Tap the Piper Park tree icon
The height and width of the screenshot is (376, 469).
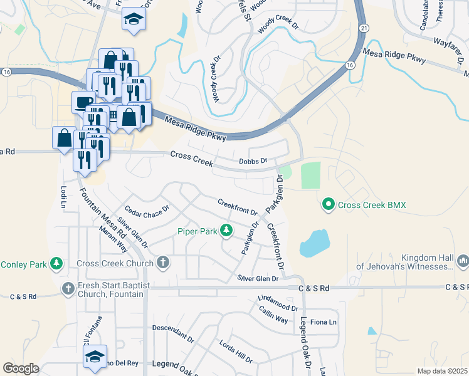click(x=226, y=231)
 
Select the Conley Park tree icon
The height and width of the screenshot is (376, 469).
click(x=56, y=263)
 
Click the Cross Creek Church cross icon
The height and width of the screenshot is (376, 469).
click(x=163, y=263)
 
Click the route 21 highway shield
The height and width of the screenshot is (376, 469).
click(x=364, y=28)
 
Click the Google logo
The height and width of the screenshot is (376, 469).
click(x=21, y=368)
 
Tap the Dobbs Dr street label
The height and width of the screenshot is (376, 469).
click(x=253, y=161)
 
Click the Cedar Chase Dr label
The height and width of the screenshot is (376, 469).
click(x=147, y=212)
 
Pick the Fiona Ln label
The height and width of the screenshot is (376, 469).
click(x=324, y=322)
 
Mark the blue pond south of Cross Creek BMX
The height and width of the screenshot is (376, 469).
click(x=314, y=243)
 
